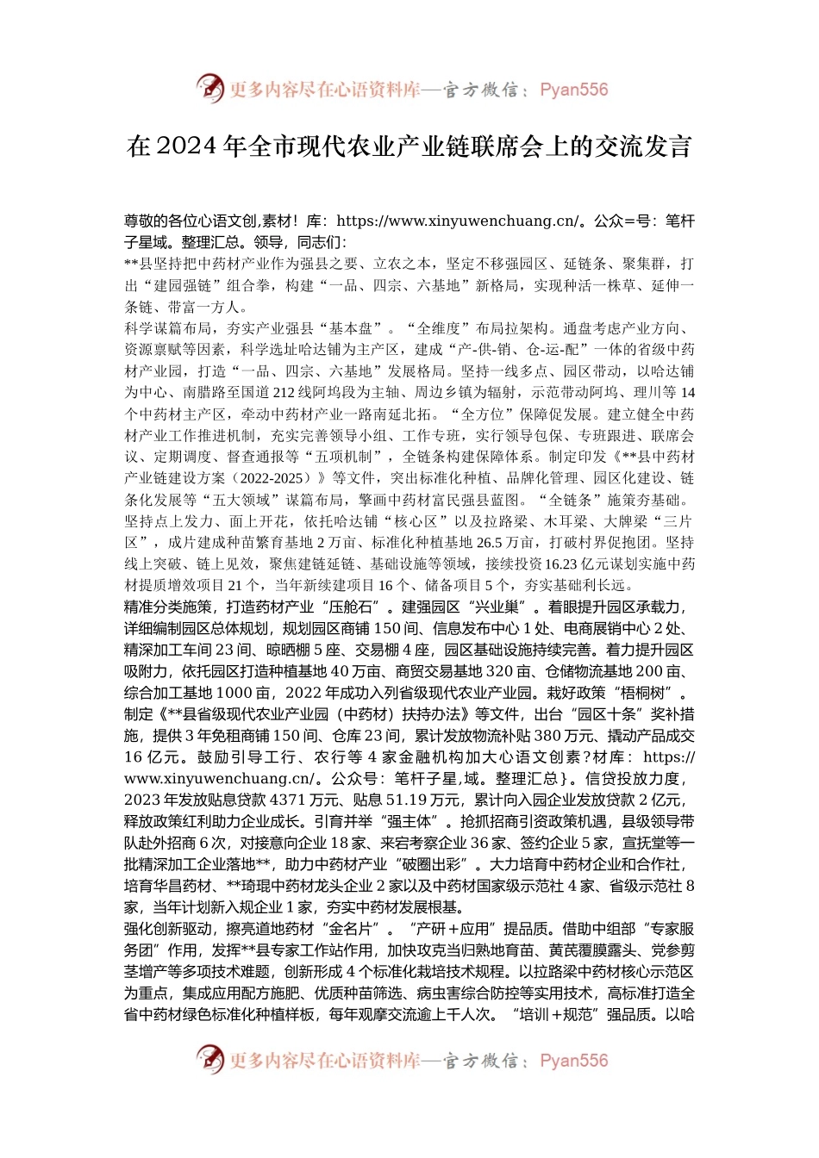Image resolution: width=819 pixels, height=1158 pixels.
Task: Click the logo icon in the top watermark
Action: point(209,89)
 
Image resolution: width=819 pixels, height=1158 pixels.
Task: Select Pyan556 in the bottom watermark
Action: point(573,1061)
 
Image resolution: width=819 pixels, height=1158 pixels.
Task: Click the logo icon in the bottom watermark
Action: point(209,1061)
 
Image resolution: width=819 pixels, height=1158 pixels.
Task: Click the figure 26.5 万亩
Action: point(491,543)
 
